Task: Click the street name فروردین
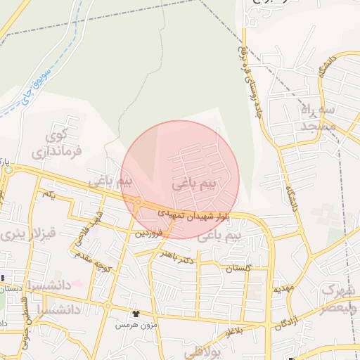149,232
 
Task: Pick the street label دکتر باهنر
176,259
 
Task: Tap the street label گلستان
238,269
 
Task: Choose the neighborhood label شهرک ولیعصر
340,298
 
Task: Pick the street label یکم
48,193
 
